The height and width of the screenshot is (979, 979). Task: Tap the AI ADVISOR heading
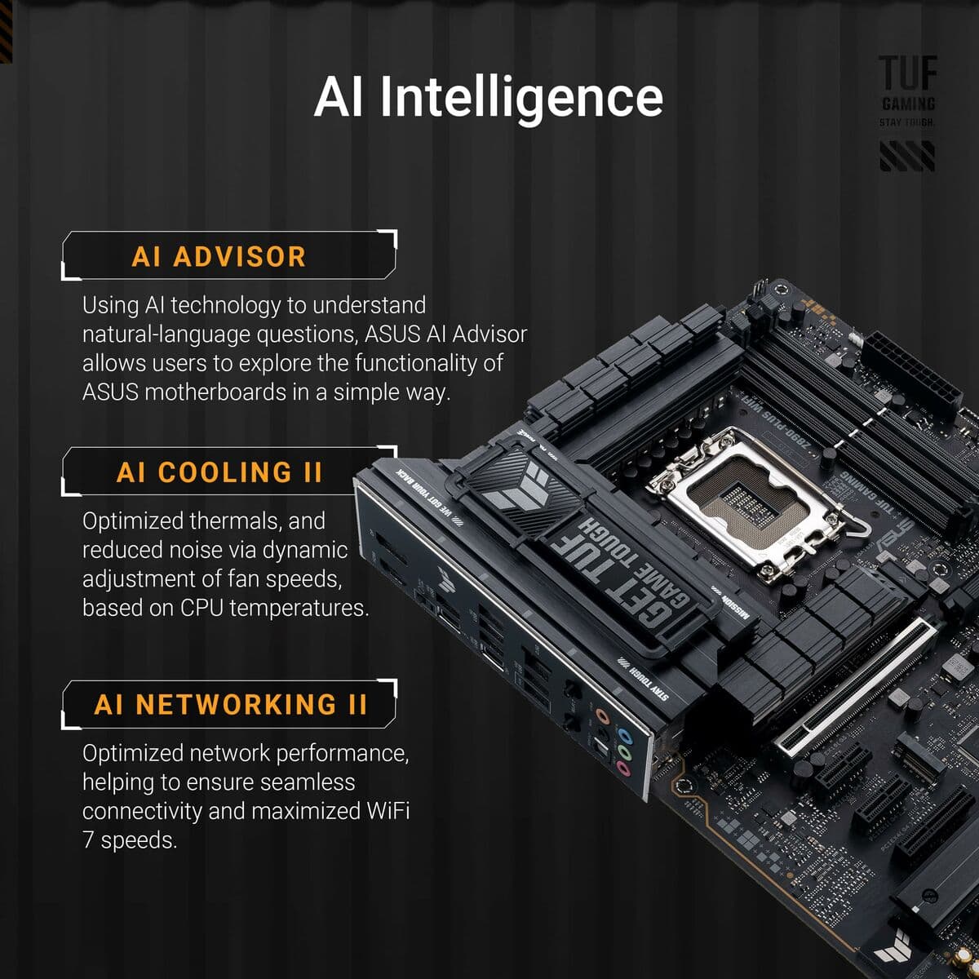tap(219, 256)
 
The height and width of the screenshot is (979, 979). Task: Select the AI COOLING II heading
tap(219, 472)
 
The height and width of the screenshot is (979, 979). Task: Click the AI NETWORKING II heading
tap(231, 704)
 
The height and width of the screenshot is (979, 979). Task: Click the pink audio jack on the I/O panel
tap(623, 769)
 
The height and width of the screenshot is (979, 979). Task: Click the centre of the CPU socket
tap(745, 503)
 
